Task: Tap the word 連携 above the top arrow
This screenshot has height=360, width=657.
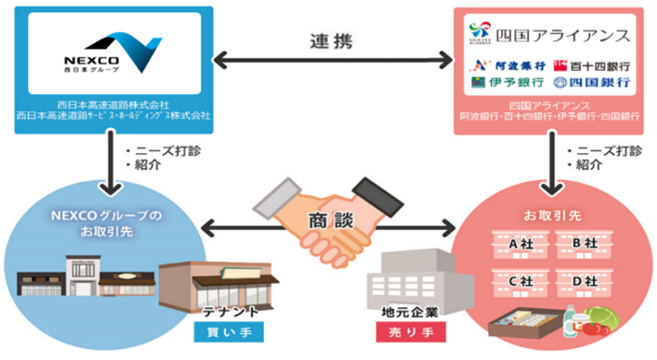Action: pos(334,43)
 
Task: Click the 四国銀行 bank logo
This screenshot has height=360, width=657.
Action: pos(591,81)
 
